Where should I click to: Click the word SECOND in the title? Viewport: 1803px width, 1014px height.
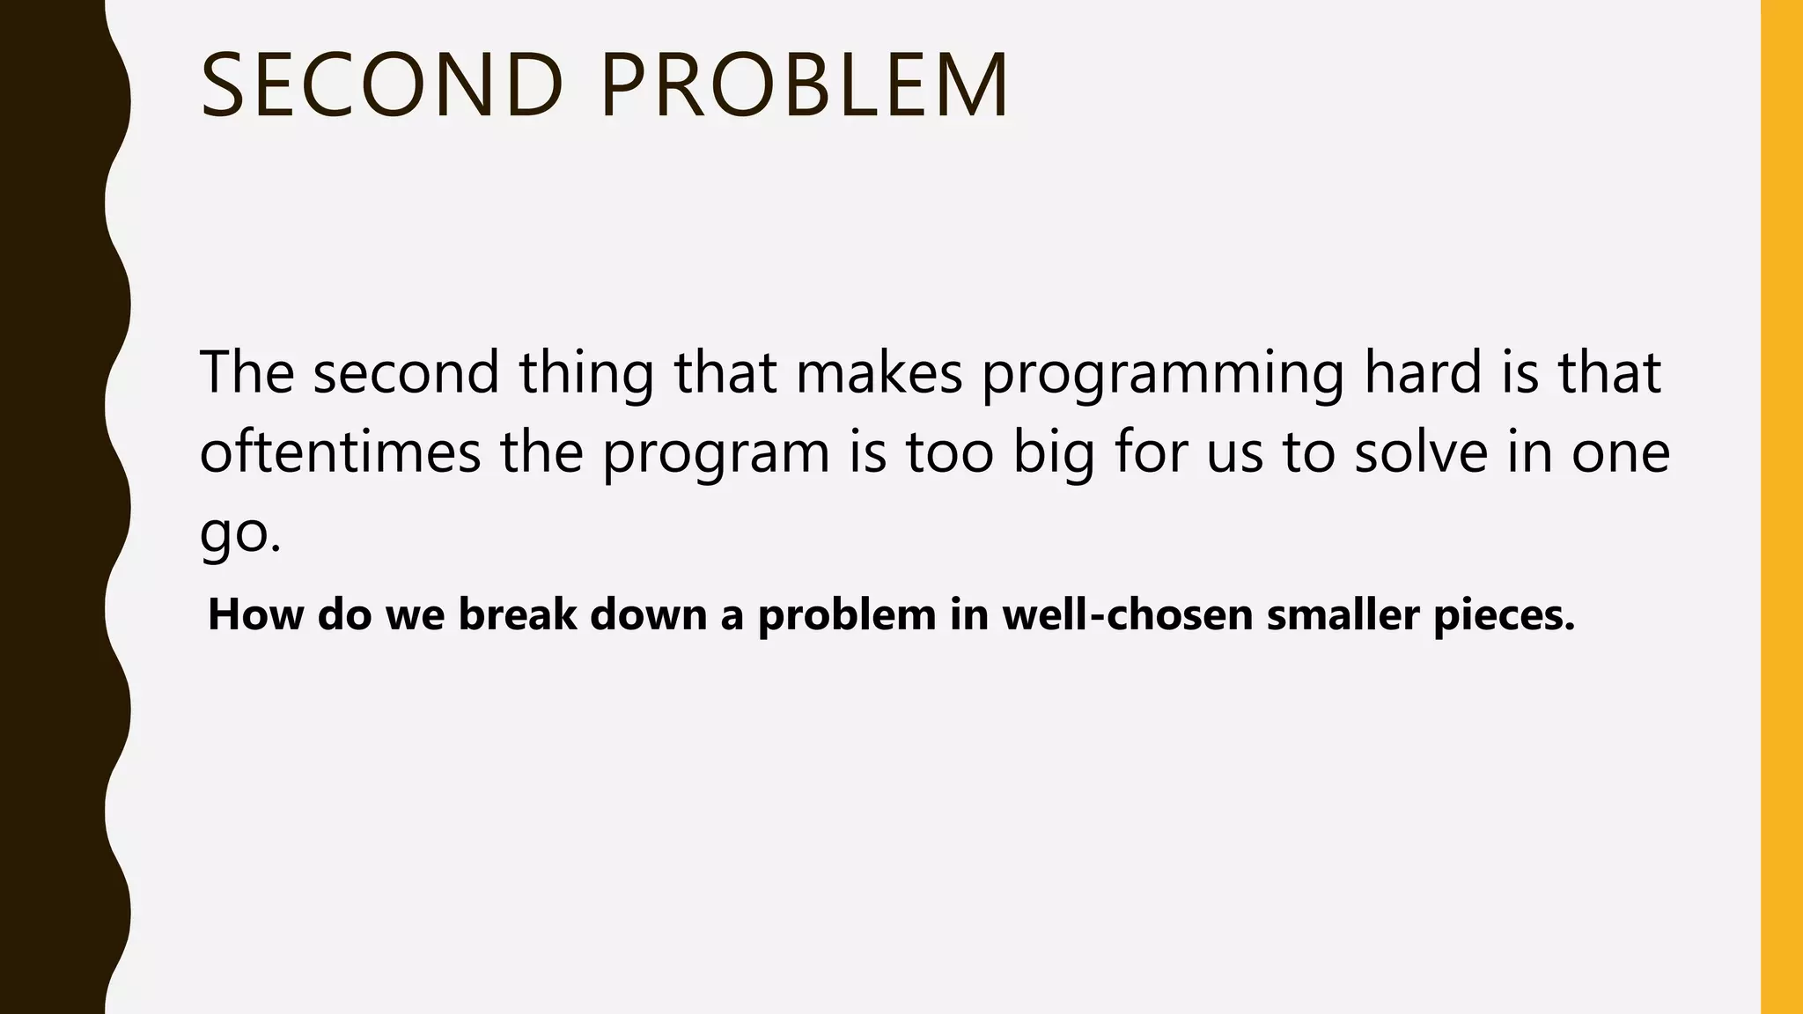point(382,85)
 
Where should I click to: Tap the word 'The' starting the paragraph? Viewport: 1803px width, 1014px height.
point(247,371)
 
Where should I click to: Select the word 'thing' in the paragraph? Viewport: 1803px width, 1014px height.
point(586,373)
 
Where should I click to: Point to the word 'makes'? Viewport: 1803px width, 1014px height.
point(879,371)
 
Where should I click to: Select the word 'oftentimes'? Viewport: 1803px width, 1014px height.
point(340,452)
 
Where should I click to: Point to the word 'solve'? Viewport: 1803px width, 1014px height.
point(1420,452)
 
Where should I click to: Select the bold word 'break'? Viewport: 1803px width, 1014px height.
point(517,614)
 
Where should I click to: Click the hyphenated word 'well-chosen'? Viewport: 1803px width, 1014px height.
point(1127,614)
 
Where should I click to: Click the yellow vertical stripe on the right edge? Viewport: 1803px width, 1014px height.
point(1782,507)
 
